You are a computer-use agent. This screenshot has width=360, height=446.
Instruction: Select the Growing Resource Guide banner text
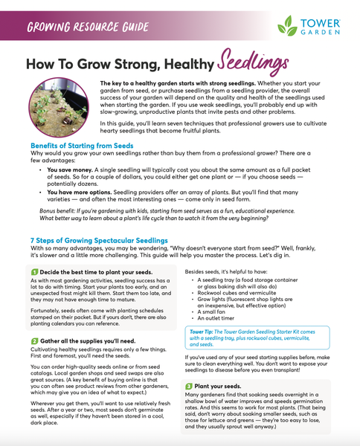[79, 28]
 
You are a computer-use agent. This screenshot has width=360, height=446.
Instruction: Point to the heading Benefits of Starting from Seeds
[83, 146]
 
